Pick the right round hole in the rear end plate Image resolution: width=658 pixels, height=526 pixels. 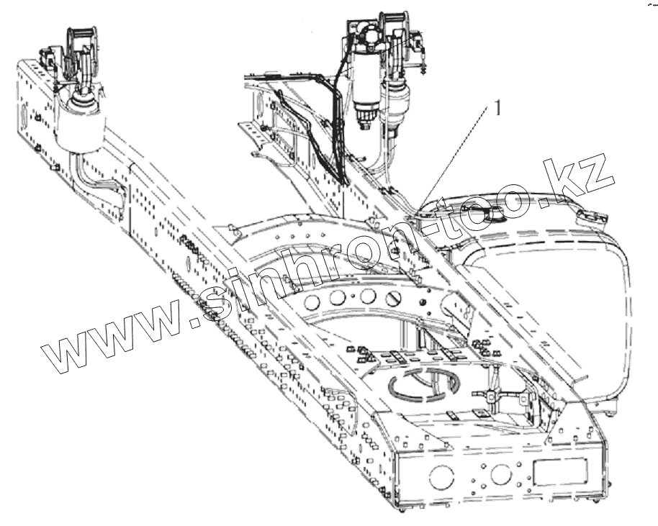coord(498,473)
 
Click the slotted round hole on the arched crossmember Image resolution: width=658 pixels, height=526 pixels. coord(393,297)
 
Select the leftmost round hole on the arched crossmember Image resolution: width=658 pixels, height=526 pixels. coord(312,301)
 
